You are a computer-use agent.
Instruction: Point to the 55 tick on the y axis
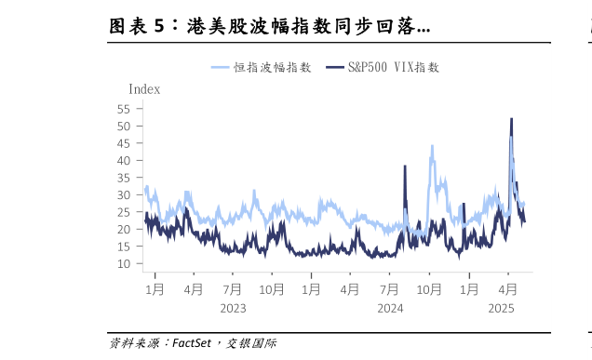tap(123, 109)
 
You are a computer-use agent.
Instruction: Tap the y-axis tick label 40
tap(123, 160)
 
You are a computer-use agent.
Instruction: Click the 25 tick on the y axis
tap(123, 212)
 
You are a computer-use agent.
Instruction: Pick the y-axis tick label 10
tap(123, 263)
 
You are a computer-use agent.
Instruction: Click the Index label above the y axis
tap(143, 89)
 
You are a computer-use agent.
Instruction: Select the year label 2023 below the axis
tap(233, 308)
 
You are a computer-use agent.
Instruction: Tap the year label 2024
tap(390, 308)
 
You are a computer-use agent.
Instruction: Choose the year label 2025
tap(501, 308)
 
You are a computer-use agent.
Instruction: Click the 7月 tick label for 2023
tap(233, 289)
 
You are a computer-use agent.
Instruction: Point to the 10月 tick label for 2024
tap(429, 289)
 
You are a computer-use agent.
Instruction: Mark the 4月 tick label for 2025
tap(508, 289)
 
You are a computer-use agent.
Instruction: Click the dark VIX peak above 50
tap(511, 119)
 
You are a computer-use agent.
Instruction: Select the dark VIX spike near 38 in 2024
tap(405, 167)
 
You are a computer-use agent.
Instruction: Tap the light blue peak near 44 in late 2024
tap(432, 147)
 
